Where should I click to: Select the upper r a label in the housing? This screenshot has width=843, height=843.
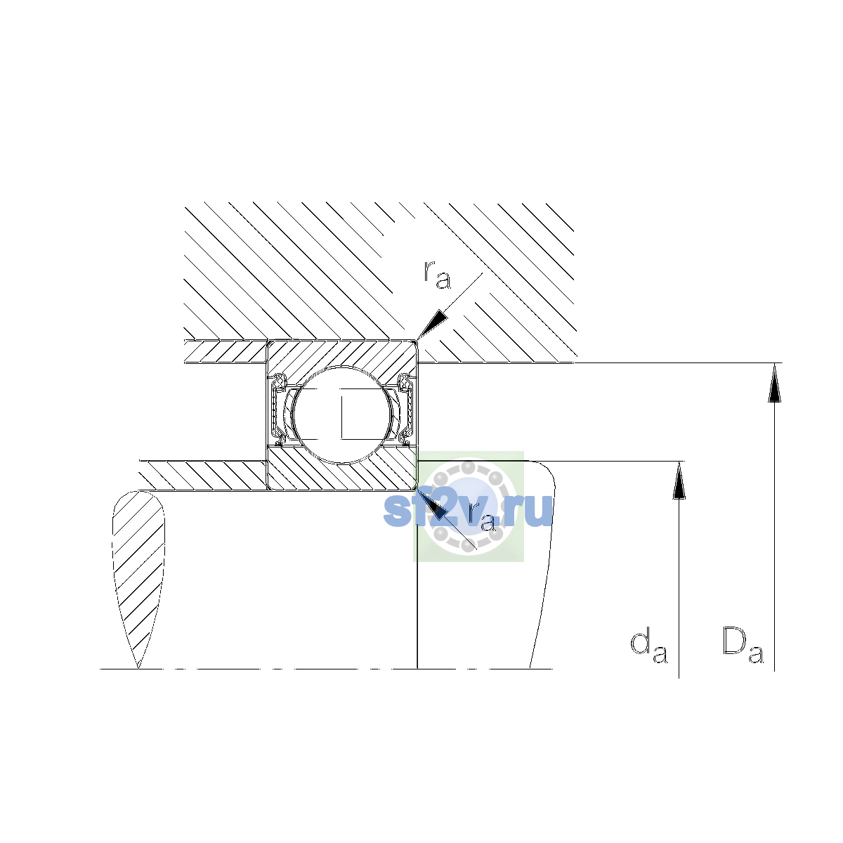[437, 275]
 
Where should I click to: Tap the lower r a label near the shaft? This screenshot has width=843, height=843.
[482, 517]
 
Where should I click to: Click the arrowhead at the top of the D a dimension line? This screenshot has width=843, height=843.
[774, 382]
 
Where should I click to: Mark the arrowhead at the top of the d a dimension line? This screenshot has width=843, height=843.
[679, 481]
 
